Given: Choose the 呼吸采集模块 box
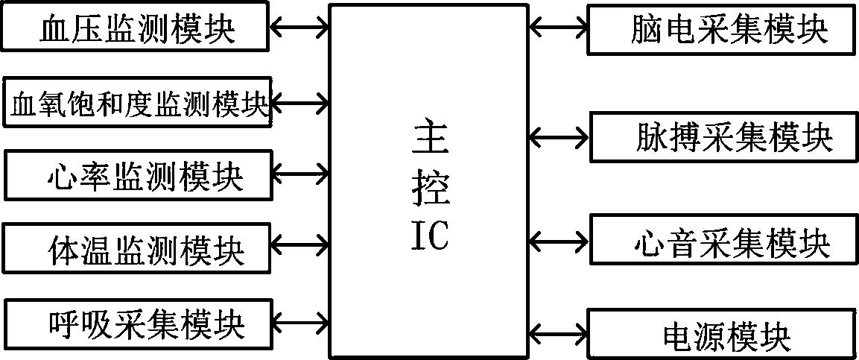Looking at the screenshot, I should click(139, 323).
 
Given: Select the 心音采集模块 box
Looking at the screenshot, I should click(720, 239).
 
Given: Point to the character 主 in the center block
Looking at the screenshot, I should click(429, 139).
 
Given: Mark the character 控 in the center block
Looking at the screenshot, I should click(429, 189).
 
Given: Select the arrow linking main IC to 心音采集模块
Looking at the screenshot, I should click(559, 240).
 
